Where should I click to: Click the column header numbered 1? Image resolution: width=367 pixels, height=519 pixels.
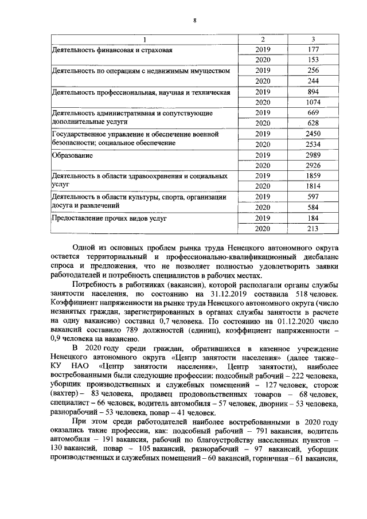tap(145, 39)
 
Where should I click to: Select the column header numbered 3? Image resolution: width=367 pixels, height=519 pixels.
tap(313, 39)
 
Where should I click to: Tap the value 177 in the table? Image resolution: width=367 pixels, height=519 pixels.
tap(313, 49)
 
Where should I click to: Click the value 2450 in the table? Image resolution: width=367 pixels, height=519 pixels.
tap(313, 134)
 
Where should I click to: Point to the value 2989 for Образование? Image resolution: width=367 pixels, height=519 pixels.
tap(313, 155)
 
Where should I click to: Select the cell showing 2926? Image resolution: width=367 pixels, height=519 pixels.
tap(313, 165)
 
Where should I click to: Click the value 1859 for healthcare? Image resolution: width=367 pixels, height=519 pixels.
tap(313, 175)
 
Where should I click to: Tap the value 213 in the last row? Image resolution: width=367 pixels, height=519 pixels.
tap(313, 228)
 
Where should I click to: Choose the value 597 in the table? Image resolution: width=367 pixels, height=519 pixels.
tap(313, 197)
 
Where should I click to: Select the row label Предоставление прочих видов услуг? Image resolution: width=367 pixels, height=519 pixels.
tap(109, 218)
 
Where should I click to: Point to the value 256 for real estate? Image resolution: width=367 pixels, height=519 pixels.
tap(313, 71)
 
